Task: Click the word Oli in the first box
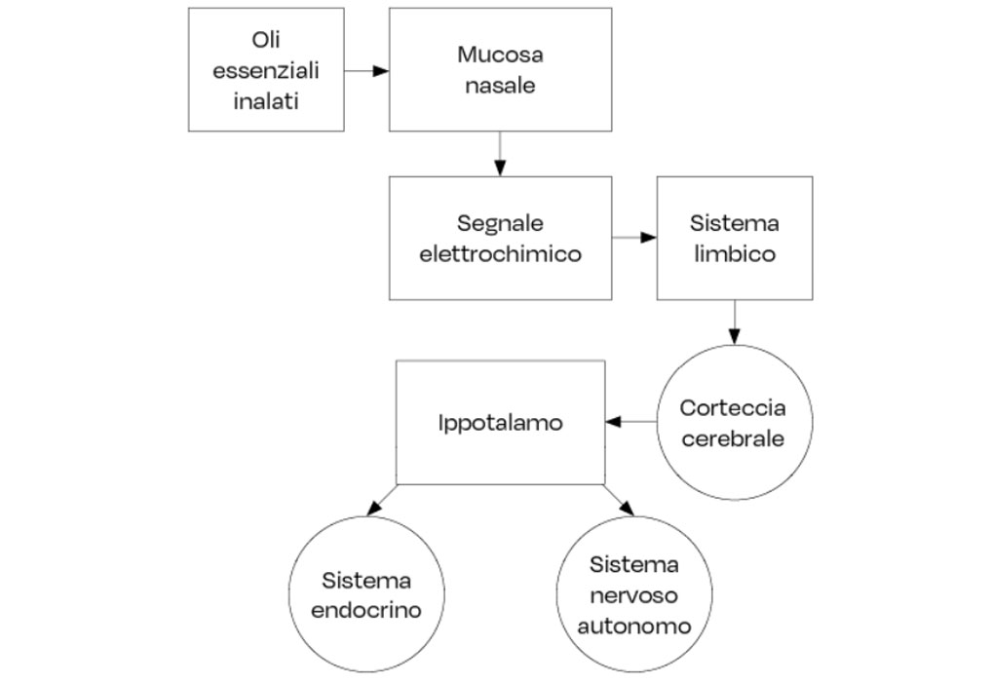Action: pos(265,41)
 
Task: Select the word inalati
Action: pos(265,100)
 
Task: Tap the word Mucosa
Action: pos(500,55)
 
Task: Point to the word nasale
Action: pos(500,85)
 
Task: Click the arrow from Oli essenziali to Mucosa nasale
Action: pos(366,70)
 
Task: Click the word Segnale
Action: pos(500,224)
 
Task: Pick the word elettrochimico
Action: pos(500,254)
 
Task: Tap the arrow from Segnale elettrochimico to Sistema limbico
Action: pos(634,238)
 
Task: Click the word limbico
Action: pos(734,254)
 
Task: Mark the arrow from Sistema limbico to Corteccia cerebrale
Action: pos(734,322)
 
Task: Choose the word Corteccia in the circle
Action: pos(733,407)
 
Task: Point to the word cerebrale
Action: pos(733,437)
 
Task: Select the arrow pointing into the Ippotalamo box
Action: pos(630,422)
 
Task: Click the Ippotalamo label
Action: pos(500,423)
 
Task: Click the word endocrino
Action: pos(366,611)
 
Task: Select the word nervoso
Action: pos(633,595)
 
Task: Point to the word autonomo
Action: pos(633,626)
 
